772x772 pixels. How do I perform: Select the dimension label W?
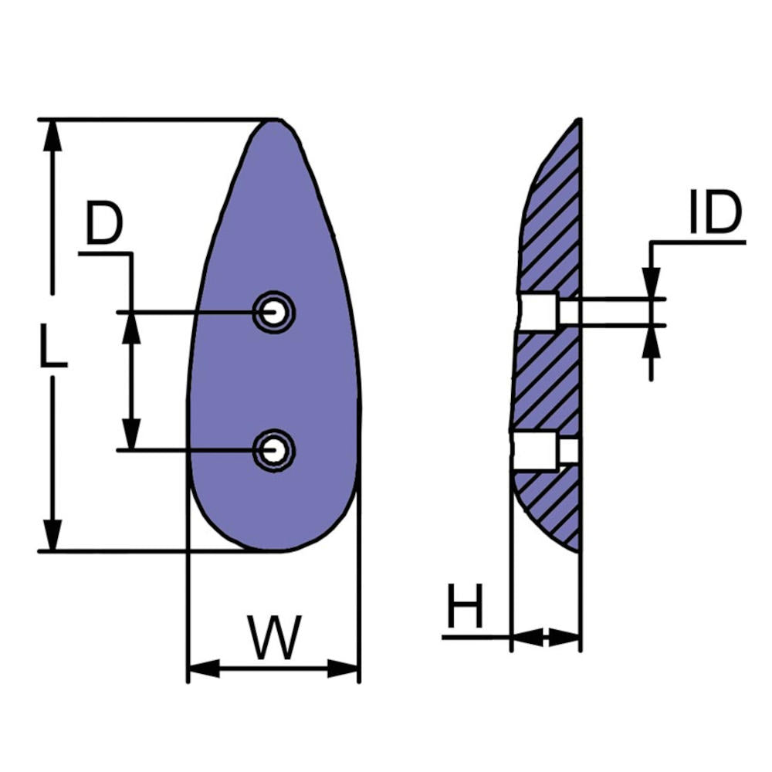point(273,638)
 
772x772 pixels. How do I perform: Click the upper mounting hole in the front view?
point(273,313)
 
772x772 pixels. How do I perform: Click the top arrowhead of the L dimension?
point(52,135)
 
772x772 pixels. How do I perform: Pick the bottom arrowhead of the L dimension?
point(52,536)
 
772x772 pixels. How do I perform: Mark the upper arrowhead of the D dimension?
point(132,327)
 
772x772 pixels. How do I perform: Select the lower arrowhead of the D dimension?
point(132,434)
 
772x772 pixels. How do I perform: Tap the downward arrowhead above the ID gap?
point(651,283)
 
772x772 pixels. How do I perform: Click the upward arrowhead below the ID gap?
point(651,340)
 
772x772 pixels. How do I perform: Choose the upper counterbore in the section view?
point(538,312)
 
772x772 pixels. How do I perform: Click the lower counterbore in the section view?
point(535,451)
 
